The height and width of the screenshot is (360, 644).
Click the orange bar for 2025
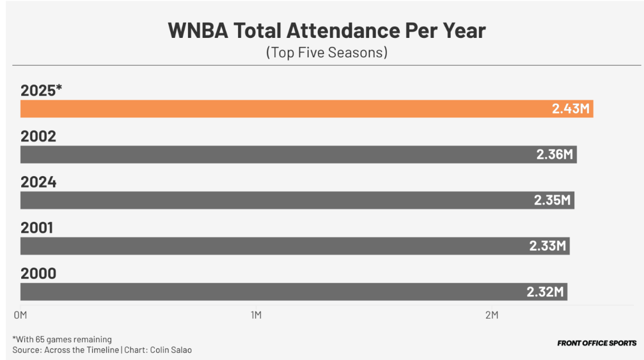(x=279, y=109)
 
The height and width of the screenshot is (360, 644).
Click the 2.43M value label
(x=570, y=109)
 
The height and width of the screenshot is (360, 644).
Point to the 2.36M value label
(x=555, y=154)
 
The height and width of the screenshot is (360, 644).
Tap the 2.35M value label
(x=553, y=200)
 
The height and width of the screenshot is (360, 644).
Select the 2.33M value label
(x=548, y=246)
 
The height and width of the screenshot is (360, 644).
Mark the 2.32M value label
(x=545, y=291)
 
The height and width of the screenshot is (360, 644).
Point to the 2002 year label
(x=38, y=136)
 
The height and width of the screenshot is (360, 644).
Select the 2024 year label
(x=38, y=182)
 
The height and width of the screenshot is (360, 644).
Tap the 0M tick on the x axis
(x=20, y=315)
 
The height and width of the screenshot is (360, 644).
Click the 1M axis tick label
(x=256, y=315)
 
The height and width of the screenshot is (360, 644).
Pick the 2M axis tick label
(x=491, y=315)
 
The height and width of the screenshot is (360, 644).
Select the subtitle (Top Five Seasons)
(x=326, y=53)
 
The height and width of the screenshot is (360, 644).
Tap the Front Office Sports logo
(x=597, y=343)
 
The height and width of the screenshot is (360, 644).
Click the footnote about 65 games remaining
(x=62, y=339)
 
